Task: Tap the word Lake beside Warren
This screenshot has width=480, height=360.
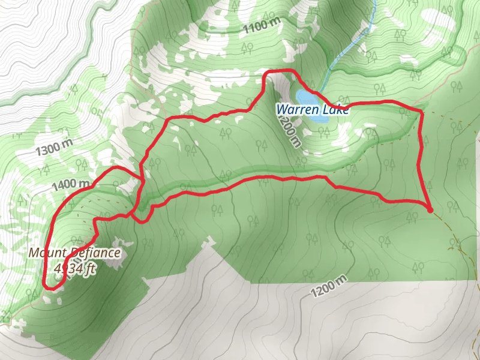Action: coord(335,110)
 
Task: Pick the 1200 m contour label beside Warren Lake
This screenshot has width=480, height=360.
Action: coord(288,130)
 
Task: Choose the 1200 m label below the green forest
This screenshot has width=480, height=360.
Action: coord(329,287)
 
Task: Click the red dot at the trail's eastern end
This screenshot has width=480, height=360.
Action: coord(430,209)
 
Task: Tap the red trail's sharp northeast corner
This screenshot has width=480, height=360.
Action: coord(420,112)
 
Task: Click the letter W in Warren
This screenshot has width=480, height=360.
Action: coord(281,110)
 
